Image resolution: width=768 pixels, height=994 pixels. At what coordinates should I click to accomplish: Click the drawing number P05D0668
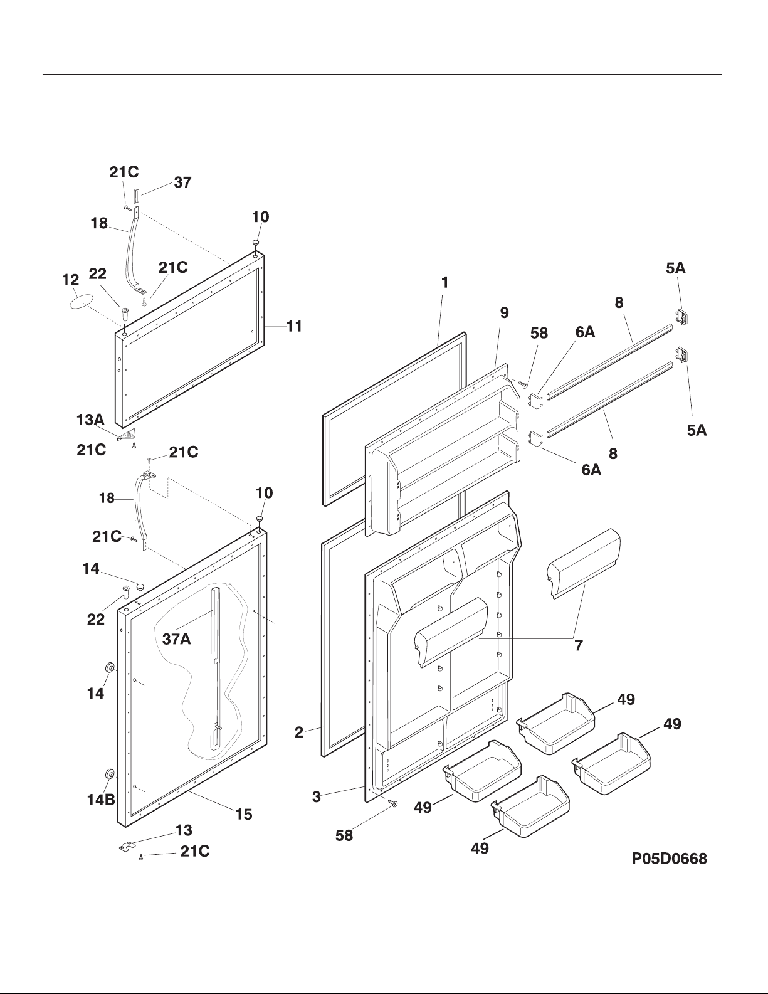tap(669, 859)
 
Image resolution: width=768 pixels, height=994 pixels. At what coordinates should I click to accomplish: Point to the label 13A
tap(90, 420)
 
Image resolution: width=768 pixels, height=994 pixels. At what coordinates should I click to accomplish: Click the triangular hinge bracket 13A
tap(127, 433)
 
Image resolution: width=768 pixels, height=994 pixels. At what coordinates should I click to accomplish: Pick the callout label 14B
tap(100, 800)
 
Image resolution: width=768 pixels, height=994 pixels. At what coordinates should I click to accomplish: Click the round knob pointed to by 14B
tap(110, 775)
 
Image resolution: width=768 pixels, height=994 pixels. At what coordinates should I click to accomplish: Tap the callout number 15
tap(243, 814)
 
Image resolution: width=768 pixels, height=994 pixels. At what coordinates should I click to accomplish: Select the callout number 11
tap(295, 326)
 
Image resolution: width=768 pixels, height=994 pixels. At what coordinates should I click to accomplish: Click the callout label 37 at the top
tap(182, 182)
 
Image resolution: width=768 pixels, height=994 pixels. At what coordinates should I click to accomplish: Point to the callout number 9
tap(504, 312)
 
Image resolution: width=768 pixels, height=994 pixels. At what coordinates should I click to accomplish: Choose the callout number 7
tap(579, 644)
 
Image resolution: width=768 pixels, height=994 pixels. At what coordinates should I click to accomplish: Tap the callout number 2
tap(299, 732)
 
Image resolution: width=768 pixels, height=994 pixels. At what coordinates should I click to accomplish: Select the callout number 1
tap(444, 283)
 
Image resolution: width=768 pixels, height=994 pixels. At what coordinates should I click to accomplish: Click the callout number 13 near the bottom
tap(184, 830)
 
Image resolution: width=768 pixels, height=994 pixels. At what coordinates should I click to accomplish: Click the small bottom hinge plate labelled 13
tap(128, 846)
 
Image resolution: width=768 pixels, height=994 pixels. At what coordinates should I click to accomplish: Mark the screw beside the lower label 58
tap(394, 803)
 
